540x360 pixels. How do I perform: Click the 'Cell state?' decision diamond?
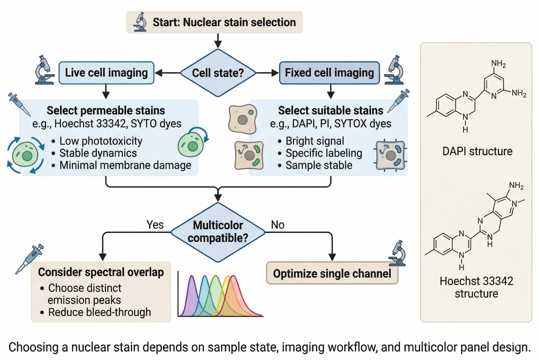point(218,73)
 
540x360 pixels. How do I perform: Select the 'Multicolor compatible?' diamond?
point(218,231)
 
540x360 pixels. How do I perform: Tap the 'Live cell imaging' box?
point(106,72)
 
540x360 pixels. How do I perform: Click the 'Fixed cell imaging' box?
point(329,72)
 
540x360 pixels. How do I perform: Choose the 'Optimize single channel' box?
point(332,273)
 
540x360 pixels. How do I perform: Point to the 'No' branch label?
point(278,224)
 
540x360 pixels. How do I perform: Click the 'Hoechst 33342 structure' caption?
point(476,287)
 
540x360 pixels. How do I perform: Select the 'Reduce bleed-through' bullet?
point(100,312)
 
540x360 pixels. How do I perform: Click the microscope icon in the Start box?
point(140,22)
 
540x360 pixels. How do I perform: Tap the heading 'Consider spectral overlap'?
point(101,272)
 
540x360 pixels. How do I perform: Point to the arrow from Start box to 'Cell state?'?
point(218,41)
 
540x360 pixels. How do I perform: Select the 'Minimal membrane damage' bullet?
point(125,165)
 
